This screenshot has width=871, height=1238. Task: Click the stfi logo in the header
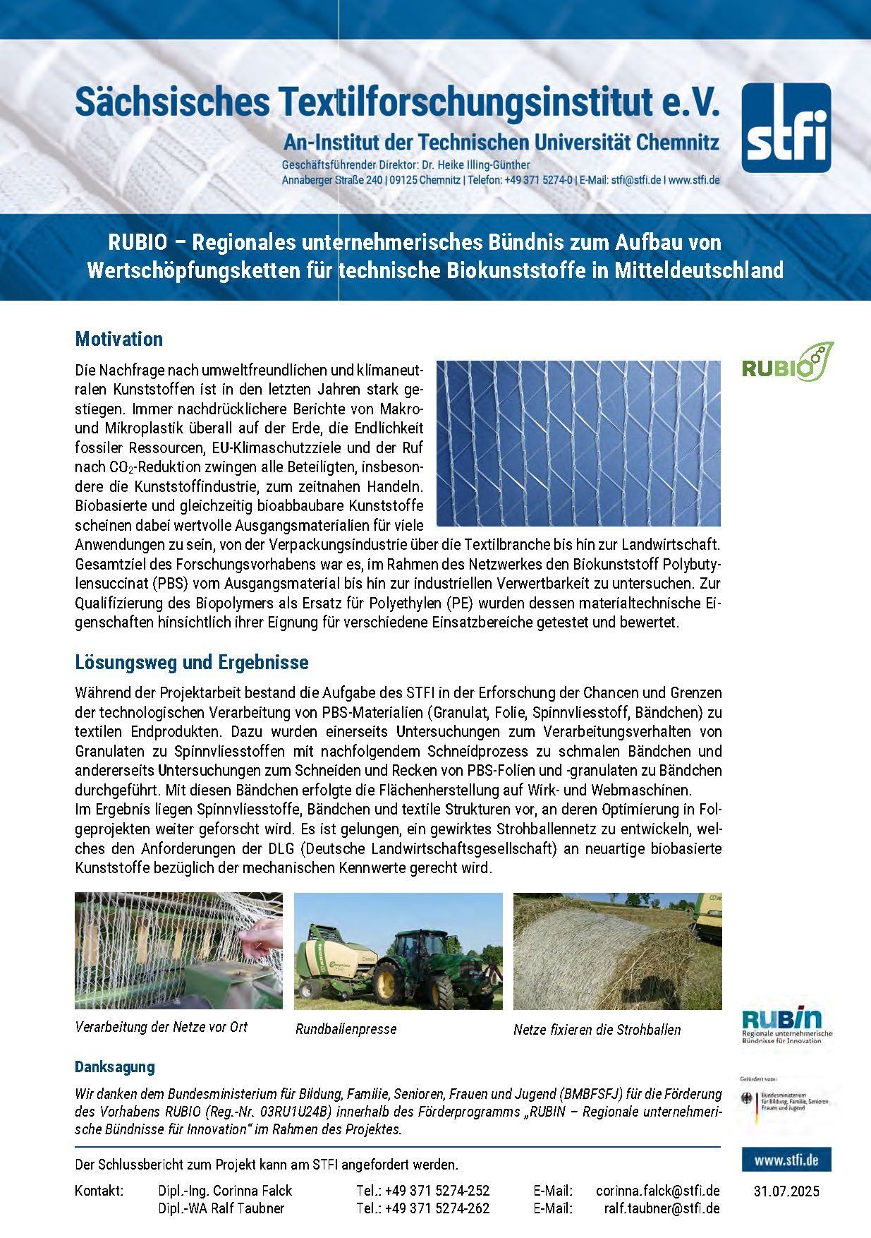[786, 128]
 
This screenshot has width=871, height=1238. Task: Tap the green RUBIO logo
[787, 362]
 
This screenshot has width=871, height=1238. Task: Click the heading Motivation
[118, 339]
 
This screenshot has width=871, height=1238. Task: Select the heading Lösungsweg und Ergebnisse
[192, 663]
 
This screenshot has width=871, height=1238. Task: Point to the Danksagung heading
[115, 1066]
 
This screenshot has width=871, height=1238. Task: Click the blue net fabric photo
[578, 443]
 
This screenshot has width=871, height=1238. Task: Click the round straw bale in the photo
[599, 959]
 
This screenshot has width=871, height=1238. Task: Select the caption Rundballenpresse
[346, 1029]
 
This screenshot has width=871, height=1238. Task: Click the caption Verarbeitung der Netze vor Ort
[161, 1027]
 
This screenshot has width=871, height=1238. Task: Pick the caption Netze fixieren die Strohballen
[597, 1030]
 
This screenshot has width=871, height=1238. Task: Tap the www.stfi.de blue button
[786, 1160]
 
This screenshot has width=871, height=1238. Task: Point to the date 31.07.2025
[786, 1191]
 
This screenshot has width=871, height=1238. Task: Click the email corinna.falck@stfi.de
[657, 1191]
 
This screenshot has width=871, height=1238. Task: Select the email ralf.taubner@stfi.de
[662, 1208]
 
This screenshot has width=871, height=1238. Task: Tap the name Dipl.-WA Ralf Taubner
[221, 1208]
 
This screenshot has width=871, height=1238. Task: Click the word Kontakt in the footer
[99, 1191]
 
